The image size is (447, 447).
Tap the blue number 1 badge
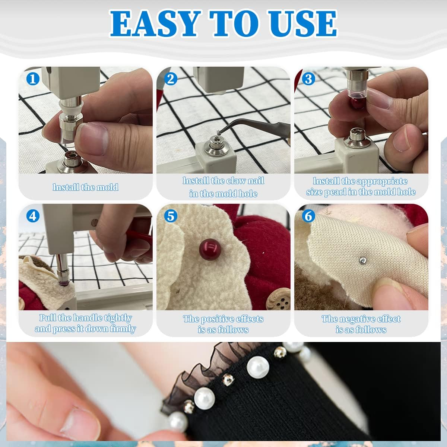pyautogui.click(x=33, y=79)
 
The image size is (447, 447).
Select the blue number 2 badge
pyautogui.click(x=171, y=79)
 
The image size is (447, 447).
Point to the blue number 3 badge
pyautogui.click(x=308, y=79)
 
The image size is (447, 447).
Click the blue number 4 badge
pyautogui.click(x=33, y=216)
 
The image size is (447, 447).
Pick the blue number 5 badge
pyautogui.click(x=171, y=216)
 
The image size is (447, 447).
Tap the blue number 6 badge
pyautogui.click(x=308, y=216)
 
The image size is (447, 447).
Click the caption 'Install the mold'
pyautogui.click(x=85, y=187)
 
